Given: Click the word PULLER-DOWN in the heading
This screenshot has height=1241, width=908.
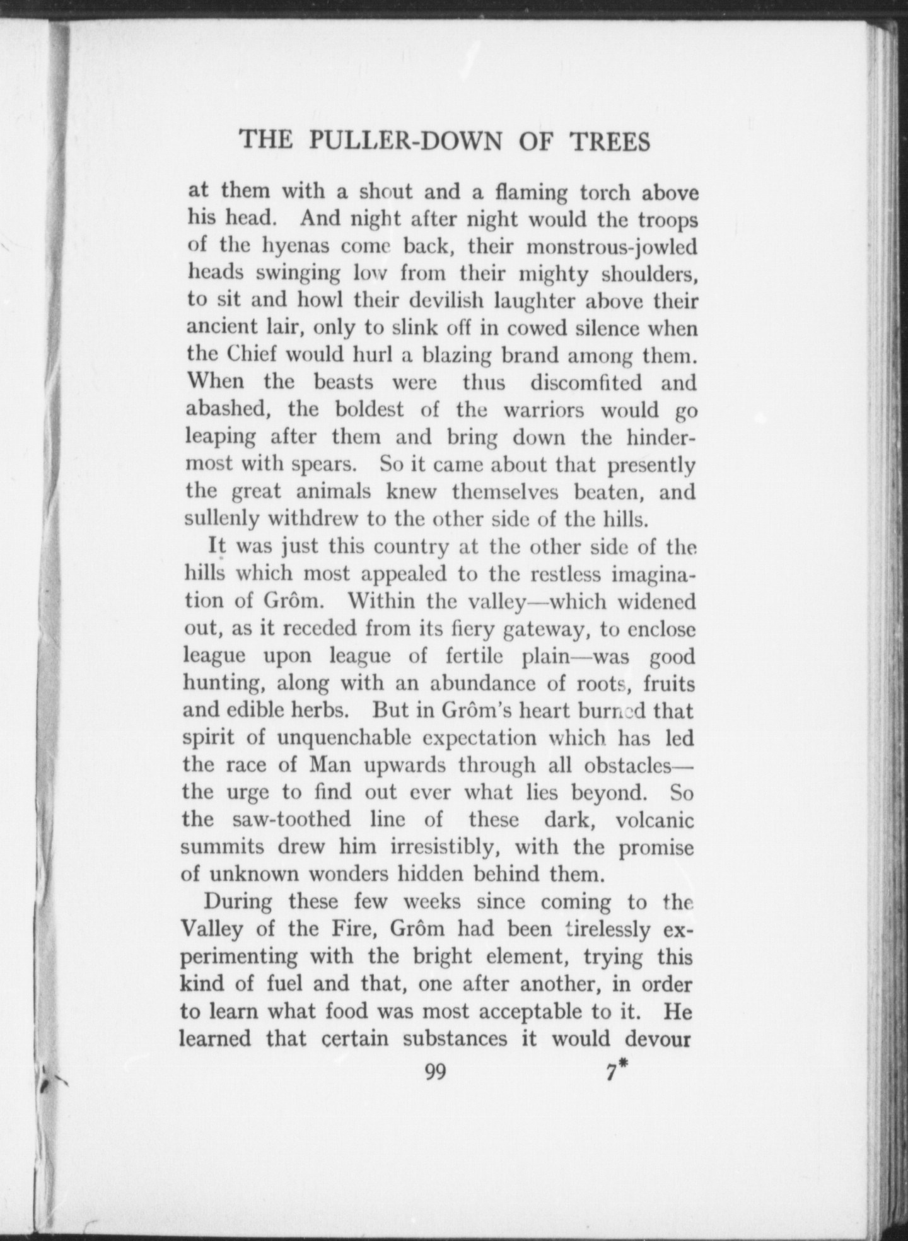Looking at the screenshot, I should [x=405, y=141].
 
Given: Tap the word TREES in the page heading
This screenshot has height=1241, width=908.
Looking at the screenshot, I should [x=610, y=141].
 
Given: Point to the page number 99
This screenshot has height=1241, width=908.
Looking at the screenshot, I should [x=436, y=1071].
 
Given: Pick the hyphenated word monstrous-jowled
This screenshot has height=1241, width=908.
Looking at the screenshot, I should [x=611, y=246].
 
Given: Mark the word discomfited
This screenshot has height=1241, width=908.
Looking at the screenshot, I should [x=586, y=382].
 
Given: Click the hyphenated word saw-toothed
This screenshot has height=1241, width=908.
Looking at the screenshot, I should [x=291, y=819].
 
